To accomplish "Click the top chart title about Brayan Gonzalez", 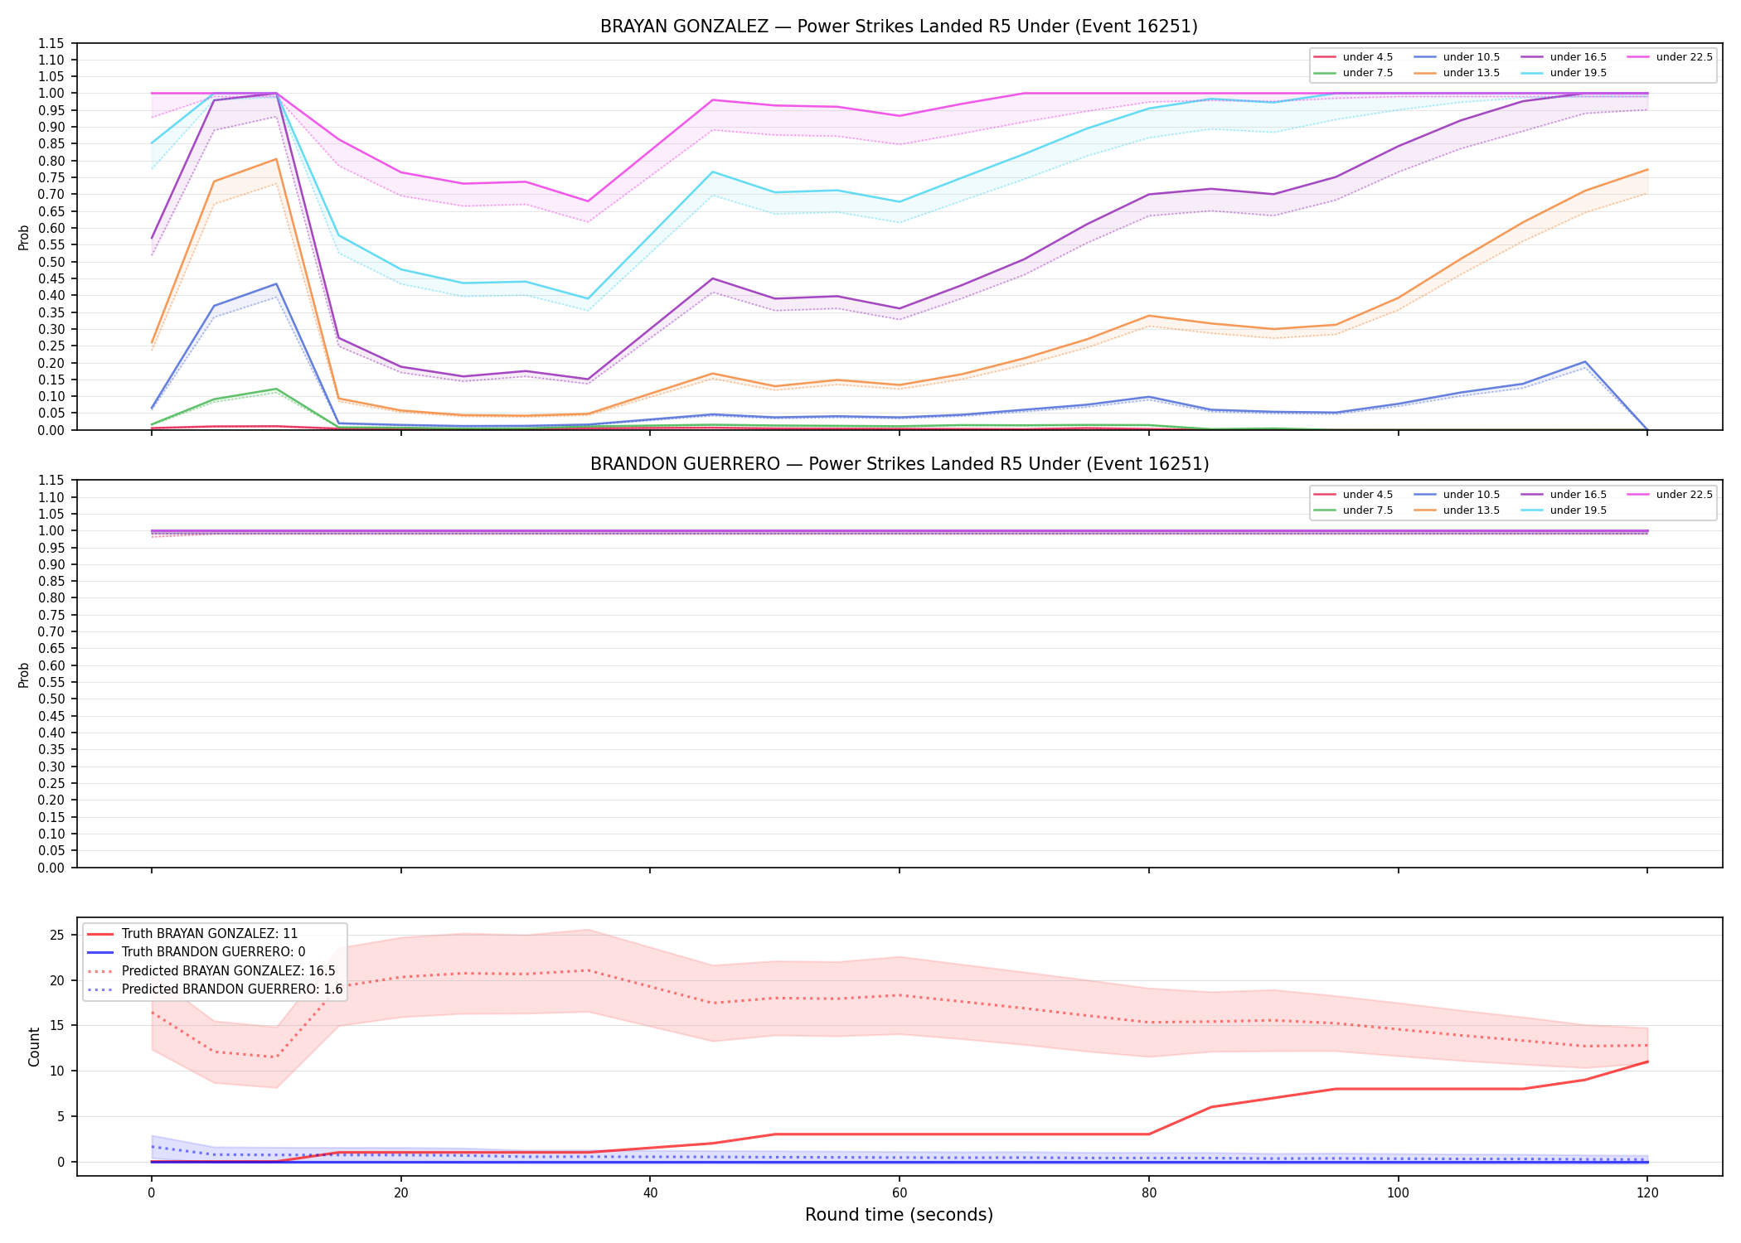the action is (899, 27).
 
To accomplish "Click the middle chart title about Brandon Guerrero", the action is (899, 464).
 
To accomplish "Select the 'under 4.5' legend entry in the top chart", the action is (1353, 57).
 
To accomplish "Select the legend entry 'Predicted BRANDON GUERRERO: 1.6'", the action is (215, 989).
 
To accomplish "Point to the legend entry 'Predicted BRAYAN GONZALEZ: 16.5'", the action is (211, 970).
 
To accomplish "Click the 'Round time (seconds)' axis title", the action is (899, 1215).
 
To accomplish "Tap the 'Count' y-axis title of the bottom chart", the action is (34, 1047).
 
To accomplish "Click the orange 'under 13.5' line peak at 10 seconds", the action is (276, 159).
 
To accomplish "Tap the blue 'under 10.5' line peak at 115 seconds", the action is (1584, 362).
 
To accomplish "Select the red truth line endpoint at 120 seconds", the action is (1646, 1062).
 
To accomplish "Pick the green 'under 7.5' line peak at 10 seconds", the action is (276, 389).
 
